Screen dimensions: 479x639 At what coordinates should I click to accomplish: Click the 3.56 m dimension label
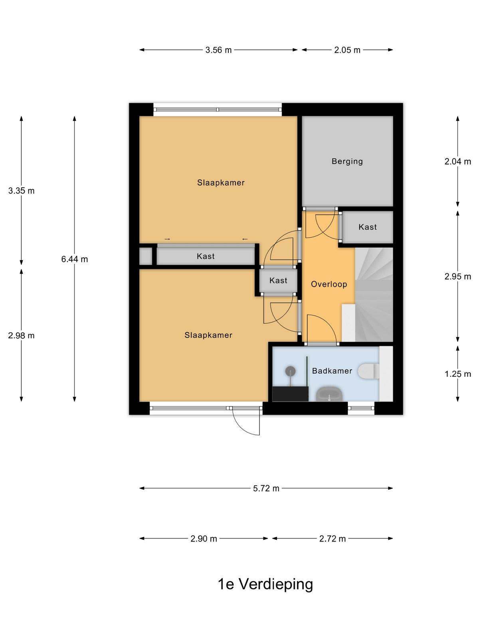tap(218, 50)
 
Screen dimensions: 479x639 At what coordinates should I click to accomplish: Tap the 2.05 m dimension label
tap(347, 50)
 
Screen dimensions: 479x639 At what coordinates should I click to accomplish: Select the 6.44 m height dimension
tap(75, 259)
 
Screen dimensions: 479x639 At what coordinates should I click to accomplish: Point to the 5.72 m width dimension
tap(266, 488)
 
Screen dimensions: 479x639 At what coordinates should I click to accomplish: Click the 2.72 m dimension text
tap(333, 539)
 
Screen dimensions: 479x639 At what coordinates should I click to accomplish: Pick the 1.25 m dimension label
tap(457, 374)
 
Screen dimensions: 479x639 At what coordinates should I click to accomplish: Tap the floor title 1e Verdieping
tap(265, 584)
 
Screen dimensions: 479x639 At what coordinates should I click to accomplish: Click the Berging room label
tap(347, 161)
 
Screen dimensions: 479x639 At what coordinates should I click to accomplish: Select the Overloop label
tap(329, 284)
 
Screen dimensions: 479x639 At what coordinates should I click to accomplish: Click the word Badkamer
tap(332, 371)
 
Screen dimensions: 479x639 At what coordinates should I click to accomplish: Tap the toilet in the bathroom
tap(368, 371)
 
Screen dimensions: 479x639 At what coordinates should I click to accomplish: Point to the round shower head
tap(290, 371)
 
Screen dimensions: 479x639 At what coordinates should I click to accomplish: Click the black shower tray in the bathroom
tap(290, 394)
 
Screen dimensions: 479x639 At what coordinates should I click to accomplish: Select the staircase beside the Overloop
tap(374, 294)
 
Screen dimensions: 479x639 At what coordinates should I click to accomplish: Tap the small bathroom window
tap(361, 408)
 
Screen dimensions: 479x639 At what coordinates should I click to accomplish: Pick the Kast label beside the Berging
tap(368, 227)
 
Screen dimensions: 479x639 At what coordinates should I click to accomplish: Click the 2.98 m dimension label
tap(21, 335)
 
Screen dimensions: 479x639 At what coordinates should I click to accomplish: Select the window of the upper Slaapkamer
tap(218, 110)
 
